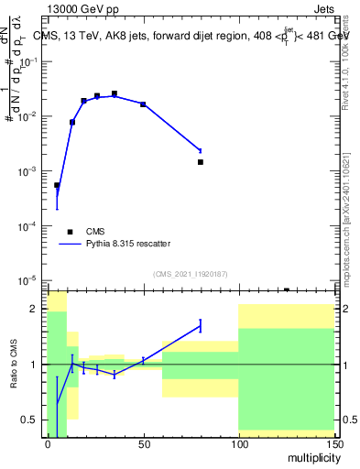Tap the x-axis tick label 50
pos(143,443)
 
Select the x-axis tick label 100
pos(238,443)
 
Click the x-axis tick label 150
pos(333,443)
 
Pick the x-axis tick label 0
pos(48,443)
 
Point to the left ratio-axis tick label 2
pos(35,309)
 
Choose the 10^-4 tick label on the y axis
pos(31,225)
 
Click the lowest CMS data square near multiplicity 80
pos(200,162)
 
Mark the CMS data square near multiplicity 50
pos(143,104)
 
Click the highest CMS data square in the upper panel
pos(115,93)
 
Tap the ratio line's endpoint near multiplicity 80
pos(200,324)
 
